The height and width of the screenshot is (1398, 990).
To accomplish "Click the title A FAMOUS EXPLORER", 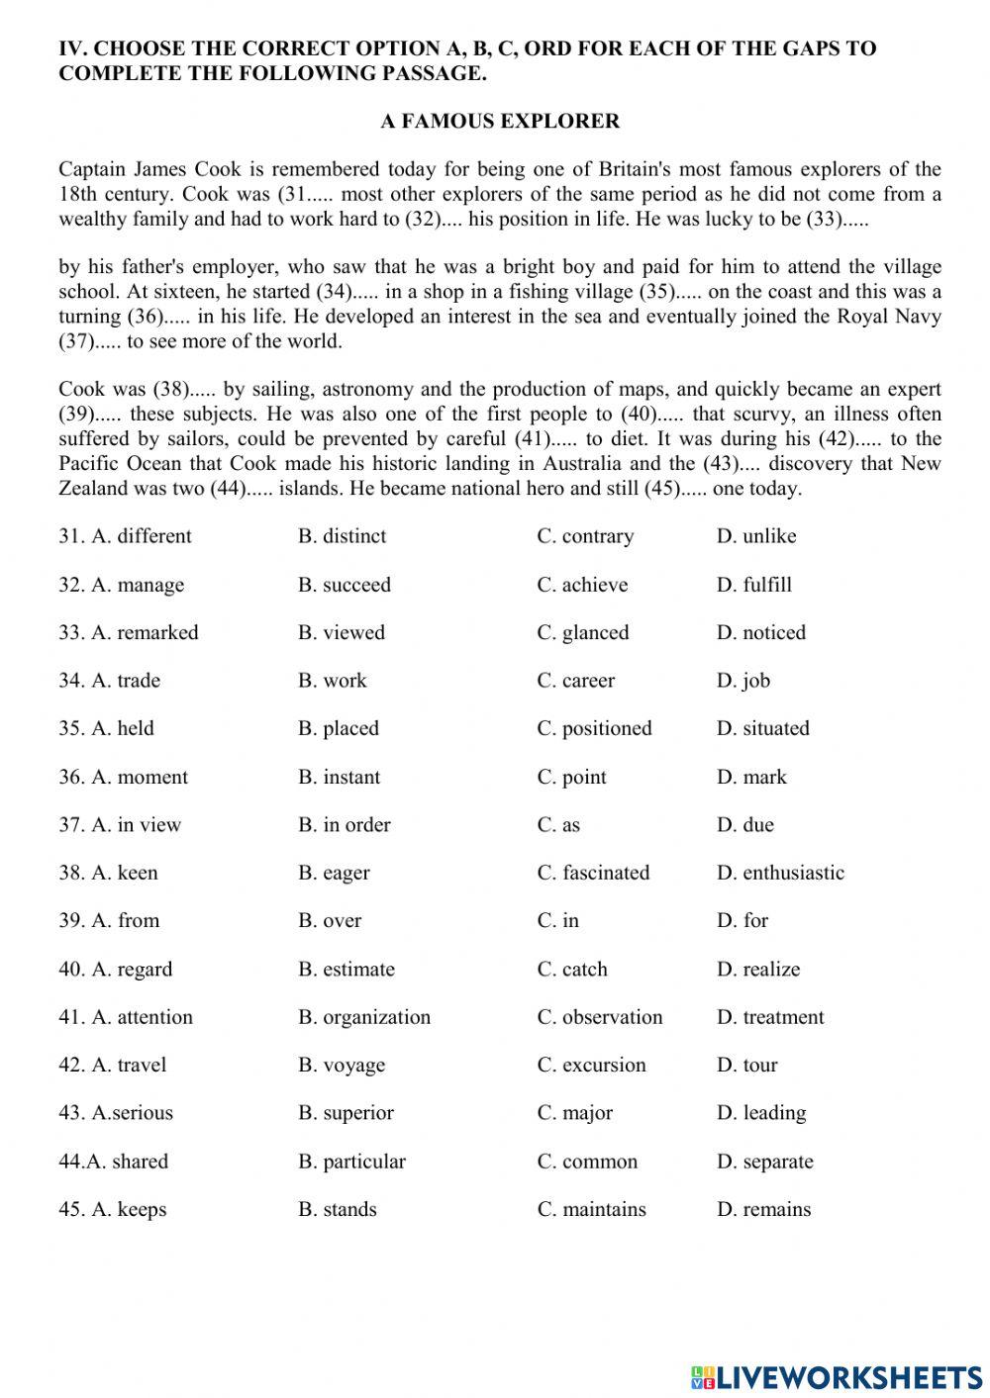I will click(500, 122).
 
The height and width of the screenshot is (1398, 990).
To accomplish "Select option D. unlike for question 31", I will click(756, 536).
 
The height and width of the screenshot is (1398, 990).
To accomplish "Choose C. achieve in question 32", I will click(582, 585).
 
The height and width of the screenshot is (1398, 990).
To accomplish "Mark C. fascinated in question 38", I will click(593, 873).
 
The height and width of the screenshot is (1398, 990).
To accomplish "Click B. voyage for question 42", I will click(342, 1066).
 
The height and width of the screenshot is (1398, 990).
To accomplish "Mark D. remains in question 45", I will click(763, 1209).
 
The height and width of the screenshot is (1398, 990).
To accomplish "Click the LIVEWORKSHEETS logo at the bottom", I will click(837, 1377).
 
